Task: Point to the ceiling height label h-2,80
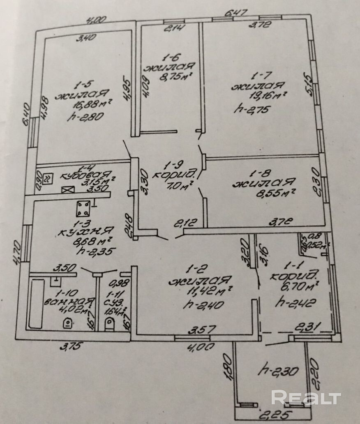pyautogui.click(x=85, y=116)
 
